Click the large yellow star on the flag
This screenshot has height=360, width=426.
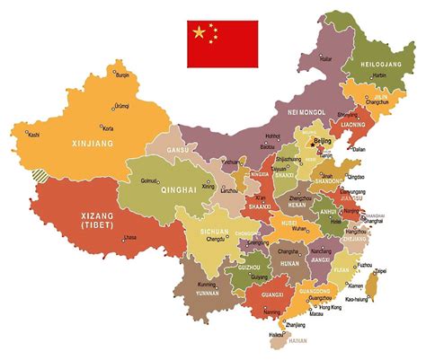point(199,33)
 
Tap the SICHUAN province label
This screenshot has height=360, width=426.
point(209,231)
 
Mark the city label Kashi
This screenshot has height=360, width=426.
point(34,135)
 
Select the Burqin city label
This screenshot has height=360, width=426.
point(123,75)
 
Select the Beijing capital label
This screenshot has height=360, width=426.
point(324,142)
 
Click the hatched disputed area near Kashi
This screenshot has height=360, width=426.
point(39,176)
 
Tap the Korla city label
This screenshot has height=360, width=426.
point(108,128)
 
